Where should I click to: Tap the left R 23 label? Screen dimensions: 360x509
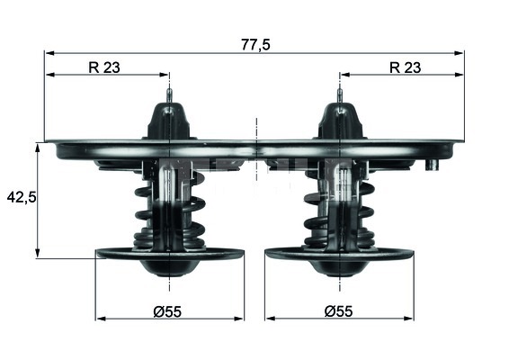[106, 66]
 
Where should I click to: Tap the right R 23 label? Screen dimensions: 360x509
[406, 66]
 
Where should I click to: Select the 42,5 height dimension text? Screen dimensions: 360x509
[20, 196]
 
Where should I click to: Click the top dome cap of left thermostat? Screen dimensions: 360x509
[170, 120]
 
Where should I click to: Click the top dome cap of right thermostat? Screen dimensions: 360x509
[339, 120]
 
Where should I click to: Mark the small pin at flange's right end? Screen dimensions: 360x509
[433, 165]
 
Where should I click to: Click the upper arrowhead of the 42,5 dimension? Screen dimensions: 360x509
[37, 148]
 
